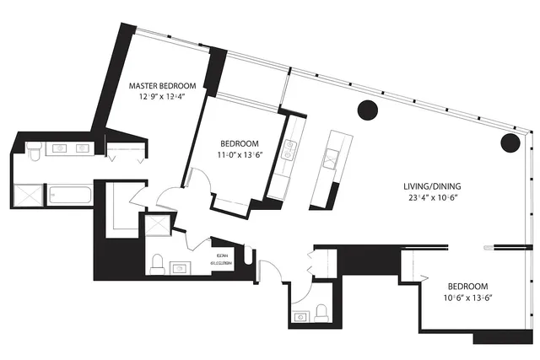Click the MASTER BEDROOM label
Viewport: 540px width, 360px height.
pos(162,86)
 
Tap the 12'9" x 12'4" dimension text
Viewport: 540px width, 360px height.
pos(162,97)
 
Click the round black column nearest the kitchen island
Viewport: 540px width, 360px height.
pos(367,110)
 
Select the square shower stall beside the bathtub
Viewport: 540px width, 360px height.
pos(30,195)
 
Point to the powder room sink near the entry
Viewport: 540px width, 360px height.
pos(300,317)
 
